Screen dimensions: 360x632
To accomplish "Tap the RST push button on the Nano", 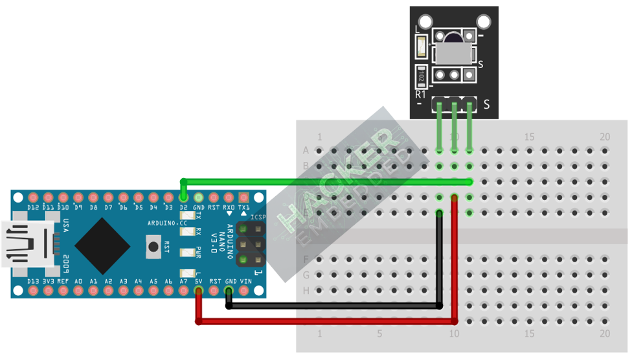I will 153,245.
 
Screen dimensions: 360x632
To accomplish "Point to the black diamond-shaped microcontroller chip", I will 102,245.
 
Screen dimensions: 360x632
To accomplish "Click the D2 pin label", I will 184,208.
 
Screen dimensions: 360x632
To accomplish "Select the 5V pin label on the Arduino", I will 199,282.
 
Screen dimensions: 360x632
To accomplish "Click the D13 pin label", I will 33,282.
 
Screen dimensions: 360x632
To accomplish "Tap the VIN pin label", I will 245,282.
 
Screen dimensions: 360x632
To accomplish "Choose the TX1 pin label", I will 244,208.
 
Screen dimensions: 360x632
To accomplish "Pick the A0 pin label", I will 78,282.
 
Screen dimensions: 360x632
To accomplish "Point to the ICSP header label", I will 257,217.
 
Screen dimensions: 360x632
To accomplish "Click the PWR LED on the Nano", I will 188,252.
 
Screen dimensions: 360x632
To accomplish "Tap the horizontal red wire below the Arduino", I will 324,321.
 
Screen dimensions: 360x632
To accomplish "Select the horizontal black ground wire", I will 333,306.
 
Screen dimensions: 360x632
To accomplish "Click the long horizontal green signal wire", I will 324,181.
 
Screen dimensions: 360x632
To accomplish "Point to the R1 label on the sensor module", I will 420,94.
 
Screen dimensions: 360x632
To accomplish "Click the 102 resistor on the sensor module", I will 422,76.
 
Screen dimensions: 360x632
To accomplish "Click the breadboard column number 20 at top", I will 605,137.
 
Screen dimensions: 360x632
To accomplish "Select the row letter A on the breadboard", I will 306,151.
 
